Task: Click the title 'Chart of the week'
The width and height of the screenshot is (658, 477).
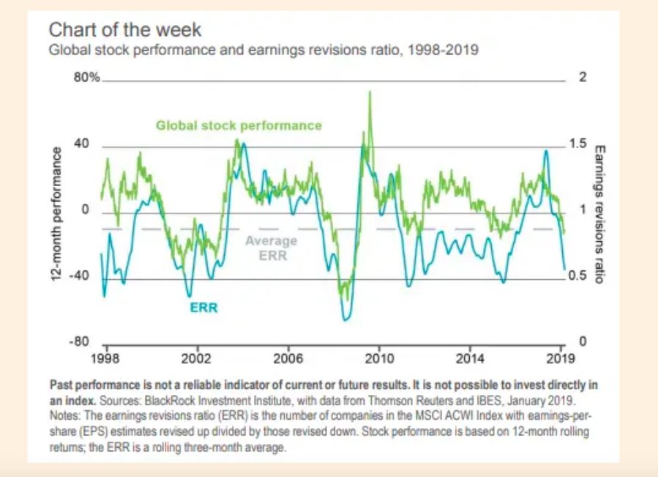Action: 124,31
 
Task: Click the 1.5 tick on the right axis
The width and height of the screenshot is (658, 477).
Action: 578,144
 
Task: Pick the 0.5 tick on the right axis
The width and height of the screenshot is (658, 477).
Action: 578,276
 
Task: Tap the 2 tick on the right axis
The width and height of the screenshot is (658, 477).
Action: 583,78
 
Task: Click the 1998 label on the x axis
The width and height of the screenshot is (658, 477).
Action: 105,358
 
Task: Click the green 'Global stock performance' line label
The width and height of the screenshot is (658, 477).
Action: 239,125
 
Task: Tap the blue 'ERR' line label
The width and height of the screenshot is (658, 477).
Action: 203,308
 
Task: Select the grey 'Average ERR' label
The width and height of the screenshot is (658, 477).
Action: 271,248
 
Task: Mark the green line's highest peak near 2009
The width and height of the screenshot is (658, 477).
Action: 370,92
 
